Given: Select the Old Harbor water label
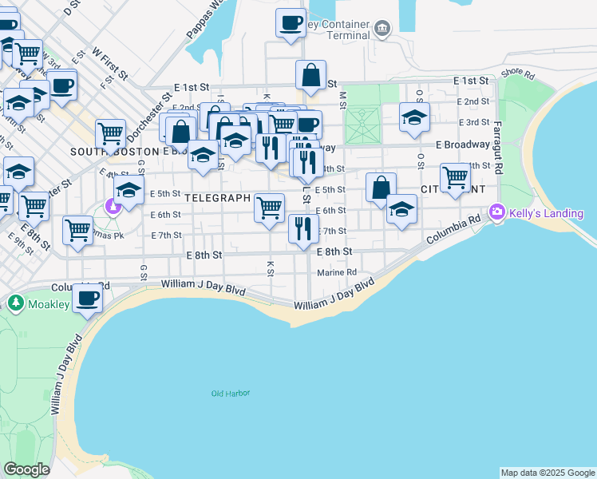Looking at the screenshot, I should (x=231, y=394).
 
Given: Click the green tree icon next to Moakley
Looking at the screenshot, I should (x=15, y=303).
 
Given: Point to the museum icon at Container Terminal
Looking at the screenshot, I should (x=382, y=30).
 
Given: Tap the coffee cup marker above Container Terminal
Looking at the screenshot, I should (x=291, y=22).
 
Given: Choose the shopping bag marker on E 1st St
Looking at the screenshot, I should (x=310, y=76).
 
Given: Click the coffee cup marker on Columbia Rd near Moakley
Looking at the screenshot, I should (x=87, y=298).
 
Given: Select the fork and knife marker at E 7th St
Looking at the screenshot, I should (x=302, y=229).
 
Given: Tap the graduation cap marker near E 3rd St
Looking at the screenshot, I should (x=414, y=117).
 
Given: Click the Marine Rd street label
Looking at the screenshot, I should (x=337, y=272).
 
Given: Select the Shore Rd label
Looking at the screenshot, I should (x=516, y=73).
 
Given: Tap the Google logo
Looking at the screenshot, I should (x=26, y=469).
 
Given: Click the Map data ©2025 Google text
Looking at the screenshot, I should (x=547, y=473).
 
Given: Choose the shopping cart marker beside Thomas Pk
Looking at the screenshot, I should (x=78, y=230).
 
